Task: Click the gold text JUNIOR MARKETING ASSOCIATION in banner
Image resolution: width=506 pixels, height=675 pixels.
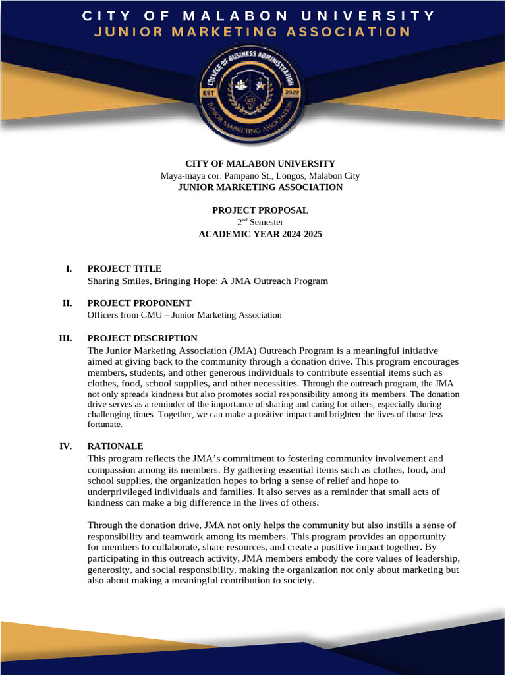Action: coord(252,32)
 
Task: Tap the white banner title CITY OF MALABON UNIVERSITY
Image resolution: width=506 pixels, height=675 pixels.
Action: coord(258,15)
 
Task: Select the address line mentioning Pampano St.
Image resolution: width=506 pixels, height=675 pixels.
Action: coord(260,176)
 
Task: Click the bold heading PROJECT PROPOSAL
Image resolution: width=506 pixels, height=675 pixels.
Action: coord(260,210)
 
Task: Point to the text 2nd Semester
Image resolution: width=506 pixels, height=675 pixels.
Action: coord(260,222)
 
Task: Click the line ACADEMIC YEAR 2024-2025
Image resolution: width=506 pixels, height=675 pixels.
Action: coord(260,234)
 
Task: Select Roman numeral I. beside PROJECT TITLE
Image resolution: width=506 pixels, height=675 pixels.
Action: coord(68,268)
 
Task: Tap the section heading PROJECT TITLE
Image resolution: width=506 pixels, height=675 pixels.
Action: coord(124,268)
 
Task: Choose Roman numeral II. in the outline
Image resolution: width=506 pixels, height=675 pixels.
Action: coord(67,303)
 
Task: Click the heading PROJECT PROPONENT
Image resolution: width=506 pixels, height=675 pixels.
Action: coord(139,303)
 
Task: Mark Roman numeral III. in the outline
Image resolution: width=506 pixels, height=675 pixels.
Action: coord(65,338)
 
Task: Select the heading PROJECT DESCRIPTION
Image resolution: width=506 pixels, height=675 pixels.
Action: coord(142,338)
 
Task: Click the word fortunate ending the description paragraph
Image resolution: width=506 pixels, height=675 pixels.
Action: coord(103,425)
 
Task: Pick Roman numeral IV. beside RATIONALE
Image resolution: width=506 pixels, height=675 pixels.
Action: coord(65,446)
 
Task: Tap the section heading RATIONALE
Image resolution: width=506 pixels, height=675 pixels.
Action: coord(115,446)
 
